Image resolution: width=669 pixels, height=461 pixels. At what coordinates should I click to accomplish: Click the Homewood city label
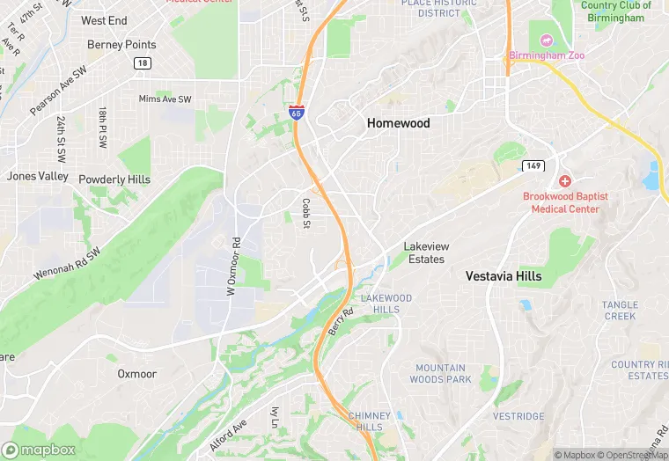coord(398,123)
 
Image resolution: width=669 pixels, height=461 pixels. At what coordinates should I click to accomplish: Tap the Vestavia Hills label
coord(504,275)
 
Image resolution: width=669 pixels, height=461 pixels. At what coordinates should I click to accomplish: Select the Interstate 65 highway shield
coord(298,112)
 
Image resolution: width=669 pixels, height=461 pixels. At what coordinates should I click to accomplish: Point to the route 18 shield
coord(142,62)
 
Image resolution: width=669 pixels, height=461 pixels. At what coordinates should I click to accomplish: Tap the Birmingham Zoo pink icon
coord(545,40)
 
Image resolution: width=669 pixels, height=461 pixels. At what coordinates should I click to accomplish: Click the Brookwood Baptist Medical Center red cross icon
coord(564,180)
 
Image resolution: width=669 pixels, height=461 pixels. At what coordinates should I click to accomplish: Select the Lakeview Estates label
coord(424,252)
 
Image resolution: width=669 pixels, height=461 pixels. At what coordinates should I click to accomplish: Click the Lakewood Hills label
coord(386,304)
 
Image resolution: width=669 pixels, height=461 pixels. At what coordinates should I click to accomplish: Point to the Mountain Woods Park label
coord(440,374)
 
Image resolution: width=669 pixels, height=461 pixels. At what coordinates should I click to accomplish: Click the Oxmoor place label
coord(136,374)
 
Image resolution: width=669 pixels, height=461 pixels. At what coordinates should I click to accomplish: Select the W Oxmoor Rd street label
coord(233,267)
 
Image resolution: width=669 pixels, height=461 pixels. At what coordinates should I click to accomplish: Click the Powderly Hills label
coord(114,179)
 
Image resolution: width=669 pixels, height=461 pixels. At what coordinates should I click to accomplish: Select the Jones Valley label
coord(37,176)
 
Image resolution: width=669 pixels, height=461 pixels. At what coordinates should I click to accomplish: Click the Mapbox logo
coord(39,449)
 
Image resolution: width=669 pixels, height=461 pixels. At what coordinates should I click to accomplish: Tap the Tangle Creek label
coord(620,310)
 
